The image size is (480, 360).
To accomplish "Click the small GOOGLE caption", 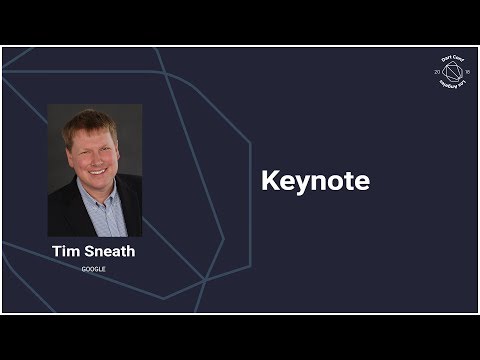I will (x=94, y=269).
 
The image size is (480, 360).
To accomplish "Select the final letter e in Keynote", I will (x=363, y=183).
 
